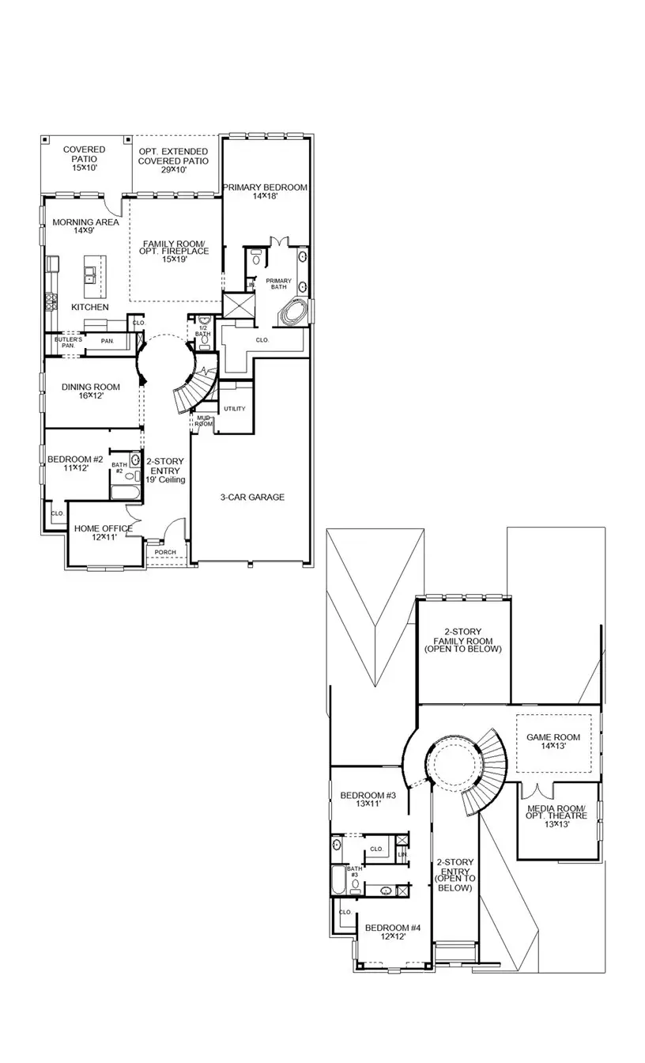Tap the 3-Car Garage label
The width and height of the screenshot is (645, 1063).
pyautogui.click(x=252, y=497)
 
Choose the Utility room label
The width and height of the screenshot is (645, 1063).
pyautogui.click(x=235, y=409)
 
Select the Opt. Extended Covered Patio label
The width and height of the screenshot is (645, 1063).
pyautogui.click(x=173, y=156)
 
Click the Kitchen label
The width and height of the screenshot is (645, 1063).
pyautogui.click(x=90, y=306)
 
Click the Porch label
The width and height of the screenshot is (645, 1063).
pyautogui.click(x=165, y=552)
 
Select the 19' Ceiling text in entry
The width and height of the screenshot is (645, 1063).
pyautogui.click(x=165, y=480)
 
